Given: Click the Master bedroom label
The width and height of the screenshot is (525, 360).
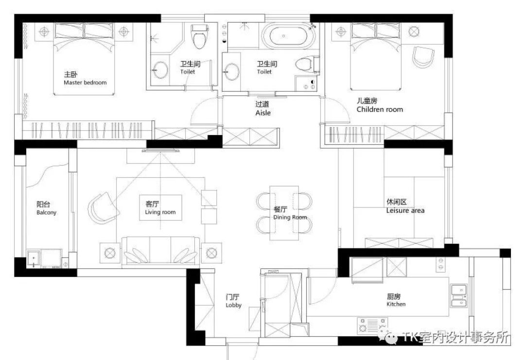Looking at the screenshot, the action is pyautogui.click(x=85, y=83).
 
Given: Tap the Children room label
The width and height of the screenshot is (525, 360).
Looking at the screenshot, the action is pyautogui.click(x=380, y=109).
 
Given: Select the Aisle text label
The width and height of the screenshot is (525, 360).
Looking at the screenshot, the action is pyautogui.click(x=263, y=113).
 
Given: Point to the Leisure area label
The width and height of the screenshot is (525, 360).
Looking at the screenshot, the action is pyautogui.click(x=405, y=210).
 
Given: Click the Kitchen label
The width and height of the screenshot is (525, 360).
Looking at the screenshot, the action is pyautogui.click(x=396, y=304).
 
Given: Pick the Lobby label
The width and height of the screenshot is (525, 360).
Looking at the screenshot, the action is pyautogui.click(x=233, y=305).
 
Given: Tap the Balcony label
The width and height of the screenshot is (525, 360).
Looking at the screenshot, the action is pyautogui.click(x=47, y=213).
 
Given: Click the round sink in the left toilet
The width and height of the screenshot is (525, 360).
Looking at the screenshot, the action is pyautogui.click(x=160, y=70).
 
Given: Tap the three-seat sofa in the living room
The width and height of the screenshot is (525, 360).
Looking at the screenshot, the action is pyautogui.click(x=160, y=251).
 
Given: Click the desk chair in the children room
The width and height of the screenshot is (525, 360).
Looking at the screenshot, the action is pyautogui.click(x=423, y=57).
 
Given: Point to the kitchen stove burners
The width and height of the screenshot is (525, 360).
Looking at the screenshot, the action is pyautogui.click(x=372, y=325).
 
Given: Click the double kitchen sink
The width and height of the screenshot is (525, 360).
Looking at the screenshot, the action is pyautogui.click(x=459, y=296).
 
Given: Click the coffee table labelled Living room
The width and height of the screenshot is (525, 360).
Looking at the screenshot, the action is pyautogui.click(x=160, y=208).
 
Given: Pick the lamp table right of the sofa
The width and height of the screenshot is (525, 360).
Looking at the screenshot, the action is pyautogui.click(x=211, y=253).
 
